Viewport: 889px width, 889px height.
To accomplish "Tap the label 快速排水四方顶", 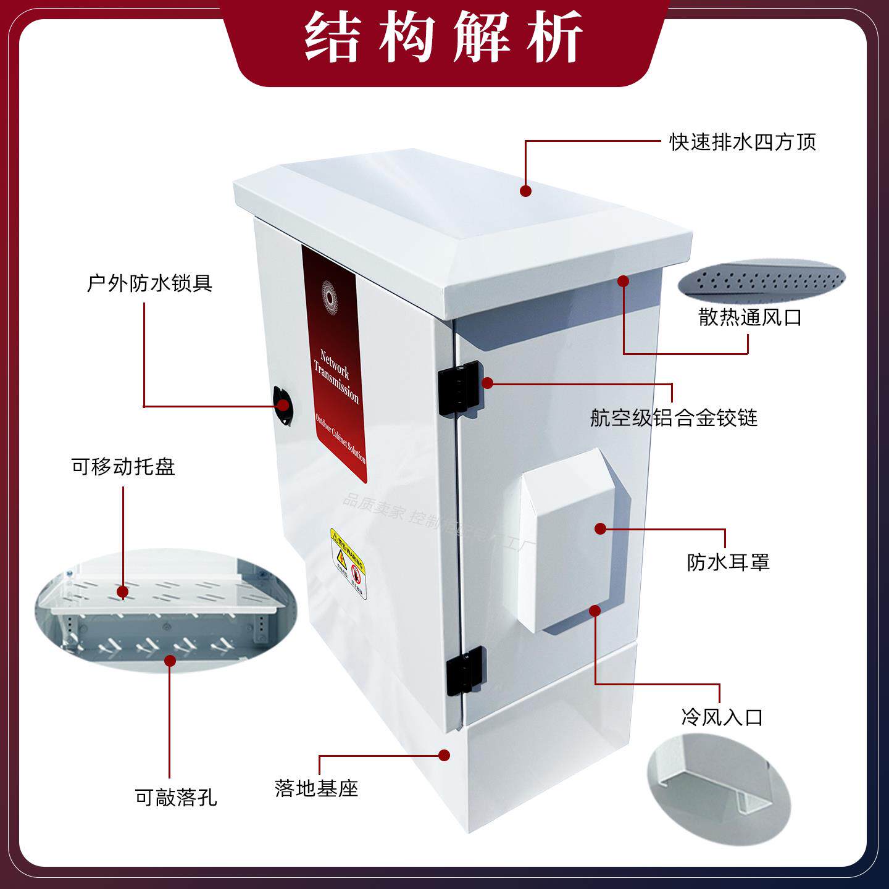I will [743, 142].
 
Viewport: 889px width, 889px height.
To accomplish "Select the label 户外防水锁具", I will [150, 283].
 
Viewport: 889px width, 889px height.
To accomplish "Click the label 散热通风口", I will [750, 317].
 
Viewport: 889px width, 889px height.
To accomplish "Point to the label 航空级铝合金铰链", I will [674, 418].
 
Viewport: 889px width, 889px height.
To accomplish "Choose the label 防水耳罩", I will [728, 562].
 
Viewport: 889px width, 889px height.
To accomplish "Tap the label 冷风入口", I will [722, 717].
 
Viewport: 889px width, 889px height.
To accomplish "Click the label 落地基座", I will [316, 788].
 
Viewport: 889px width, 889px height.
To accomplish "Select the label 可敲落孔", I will [176, 797].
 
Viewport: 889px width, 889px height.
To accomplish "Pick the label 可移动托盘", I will [123, 467].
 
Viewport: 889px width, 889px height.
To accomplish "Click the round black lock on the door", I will [283, 405].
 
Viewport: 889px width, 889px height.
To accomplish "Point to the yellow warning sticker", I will [349, 564].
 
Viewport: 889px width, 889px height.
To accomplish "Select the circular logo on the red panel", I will [329, 298].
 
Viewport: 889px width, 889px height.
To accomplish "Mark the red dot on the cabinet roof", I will [525, 191].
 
